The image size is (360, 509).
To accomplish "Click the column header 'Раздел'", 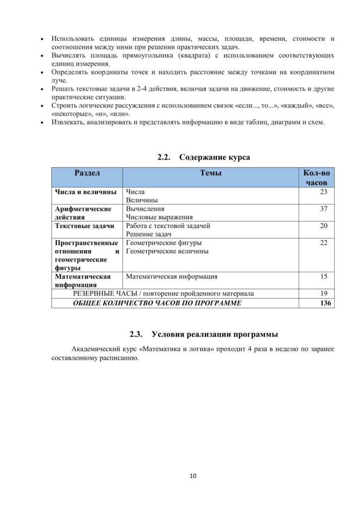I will click(x=87, y=173).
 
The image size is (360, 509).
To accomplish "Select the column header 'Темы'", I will click(x=210, y=173).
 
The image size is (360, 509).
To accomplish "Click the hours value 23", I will click(x=323, y=192).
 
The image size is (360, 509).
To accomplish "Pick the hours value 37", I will click(x=323, y=209).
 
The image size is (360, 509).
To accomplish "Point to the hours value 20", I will click(x=323, y=226).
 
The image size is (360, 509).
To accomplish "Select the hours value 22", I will click(x=323, y=243).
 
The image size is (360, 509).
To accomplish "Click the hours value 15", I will click(x=323, y=276).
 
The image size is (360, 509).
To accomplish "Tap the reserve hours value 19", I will click(x=323, y=293).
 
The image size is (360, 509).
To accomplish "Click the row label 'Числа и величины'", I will click(x=86, y=192).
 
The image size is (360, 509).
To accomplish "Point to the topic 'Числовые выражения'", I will click(x=159, y=217).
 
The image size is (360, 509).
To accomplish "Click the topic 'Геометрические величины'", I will click(x=167, y=251).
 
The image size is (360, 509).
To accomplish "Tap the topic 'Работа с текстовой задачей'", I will click(x=168, y=226).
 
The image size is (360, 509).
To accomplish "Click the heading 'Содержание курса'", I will click(x=214, y=158).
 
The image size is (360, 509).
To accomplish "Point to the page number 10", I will click(x=193, y=476).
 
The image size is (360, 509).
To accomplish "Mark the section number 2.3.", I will click(x=136, y=334).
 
